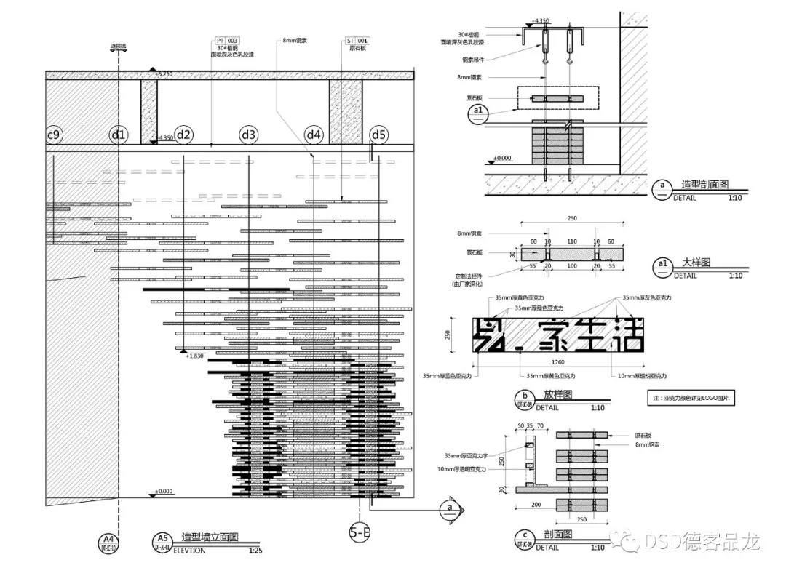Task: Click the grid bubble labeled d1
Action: pyautogui.click(x=118, y=135)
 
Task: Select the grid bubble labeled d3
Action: pyautogui.click(x=249, y=135)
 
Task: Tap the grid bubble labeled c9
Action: pyautogui.click(x=53, y=135)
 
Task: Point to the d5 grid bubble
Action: pyautogui.click(x=378, y=135)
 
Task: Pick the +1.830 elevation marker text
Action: pyautogui.click(x=194, y=356)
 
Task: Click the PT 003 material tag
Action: pyautogui.click(x=226, y=41)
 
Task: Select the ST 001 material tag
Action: pyautogui.click(x=357, y=41)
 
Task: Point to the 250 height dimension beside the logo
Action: pyautogui.click(x=449, y=334)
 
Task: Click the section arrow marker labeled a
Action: pyautogui.click(x=450, y=508)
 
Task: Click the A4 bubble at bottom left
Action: pyautogui.click(x=107, y=541)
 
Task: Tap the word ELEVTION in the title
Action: pyautogui.click(x=188, y=551)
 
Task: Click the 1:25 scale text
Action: pyautogui.click(x=255, y=551)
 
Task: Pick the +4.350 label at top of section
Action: pyautogui.click(x=561, y=21)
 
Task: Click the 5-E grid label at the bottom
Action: pyautogui.click(x=360, y=533)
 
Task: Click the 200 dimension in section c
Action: pyautogui.click(x=536, y=504)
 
